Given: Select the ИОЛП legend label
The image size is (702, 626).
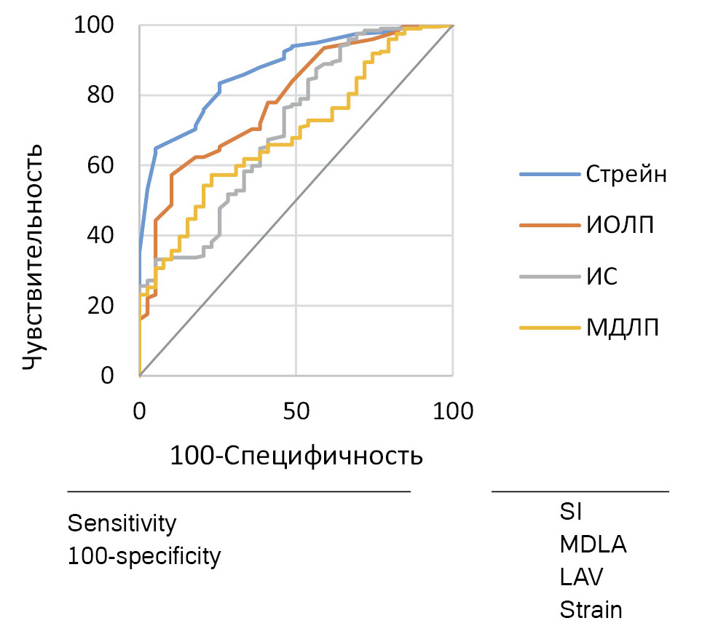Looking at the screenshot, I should pos(620,226).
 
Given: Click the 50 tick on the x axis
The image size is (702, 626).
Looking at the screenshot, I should pos(296,412).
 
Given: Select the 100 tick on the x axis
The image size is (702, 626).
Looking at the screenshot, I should pos(452,412).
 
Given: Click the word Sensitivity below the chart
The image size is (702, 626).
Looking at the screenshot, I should pos(122,523).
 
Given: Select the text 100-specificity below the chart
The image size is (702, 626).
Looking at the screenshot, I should pos(143,557).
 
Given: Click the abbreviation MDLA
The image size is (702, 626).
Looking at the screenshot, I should pos(593,544).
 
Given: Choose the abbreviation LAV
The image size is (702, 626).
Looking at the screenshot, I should pos(581,577).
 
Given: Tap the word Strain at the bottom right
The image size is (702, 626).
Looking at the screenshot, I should pos(591,609).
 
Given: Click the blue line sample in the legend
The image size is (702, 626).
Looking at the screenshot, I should pos(546,175).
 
